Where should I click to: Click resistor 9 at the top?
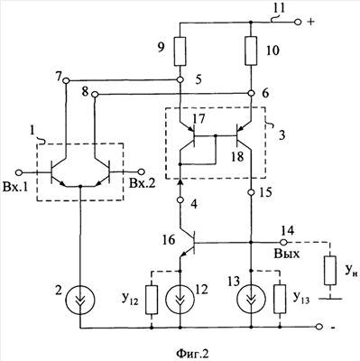pos(180,51)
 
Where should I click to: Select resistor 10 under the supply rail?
pos(252,51)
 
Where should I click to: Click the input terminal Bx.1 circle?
pos(19,172)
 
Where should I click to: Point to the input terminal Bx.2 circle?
pos(141,171)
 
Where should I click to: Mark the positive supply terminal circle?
pos(298,22)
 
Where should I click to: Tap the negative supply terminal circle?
pos(319,327)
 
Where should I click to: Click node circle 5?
pos(180,80)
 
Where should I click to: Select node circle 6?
pos(252,93)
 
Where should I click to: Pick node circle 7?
pos(66,80)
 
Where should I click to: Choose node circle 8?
pos(95,95)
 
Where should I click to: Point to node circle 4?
pos(180,199)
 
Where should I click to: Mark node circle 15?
pos(252,191)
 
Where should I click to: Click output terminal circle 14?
pos(282,242)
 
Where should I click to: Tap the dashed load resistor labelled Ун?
pos(330,271)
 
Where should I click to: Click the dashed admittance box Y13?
pos(280,300)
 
